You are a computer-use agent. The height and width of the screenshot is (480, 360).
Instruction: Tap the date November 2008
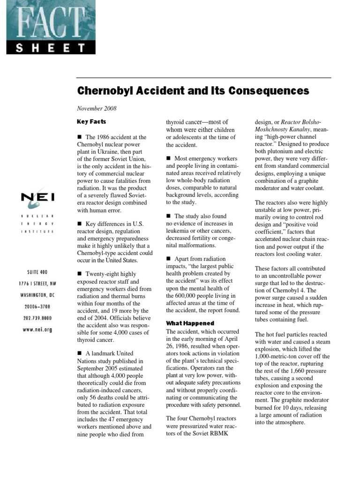pos(97,108)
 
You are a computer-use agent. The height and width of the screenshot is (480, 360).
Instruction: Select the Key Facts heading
pos(91,122)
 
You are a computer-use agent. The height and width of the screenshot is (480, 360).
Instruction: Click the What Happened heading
pos(190,323)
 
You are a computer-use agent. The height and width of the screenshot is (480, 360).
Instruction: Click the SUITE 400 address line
pos(37,272)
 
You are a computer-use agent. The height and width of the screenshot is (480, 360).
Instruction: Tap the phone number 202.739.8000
pos(37,318)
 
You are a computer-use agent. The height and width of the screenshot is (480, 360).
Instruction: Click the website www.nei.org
pos(37,330)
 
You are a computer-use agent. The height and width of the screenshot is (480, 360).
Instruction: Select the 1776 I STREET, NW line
pos(37,284)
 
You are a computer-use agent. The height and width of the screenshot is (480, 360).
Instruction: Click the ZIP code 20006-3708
pos(37,307)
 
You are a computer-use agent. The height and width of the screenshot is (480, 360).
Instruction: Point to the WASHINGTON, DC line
pos(37,295)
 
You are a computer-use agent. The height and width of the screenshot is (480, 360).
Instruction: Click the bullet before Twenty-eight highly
pos(80,274)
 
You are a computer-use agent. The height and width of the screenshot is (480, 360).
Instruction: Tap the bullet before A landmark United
pos(80,353)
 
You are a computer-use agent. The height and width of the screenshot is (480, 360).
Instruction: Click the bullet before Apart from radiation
pos(169,259)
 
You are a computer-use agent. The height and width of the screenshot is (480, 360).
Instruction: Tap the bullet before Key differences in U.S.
pos(80,223)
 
